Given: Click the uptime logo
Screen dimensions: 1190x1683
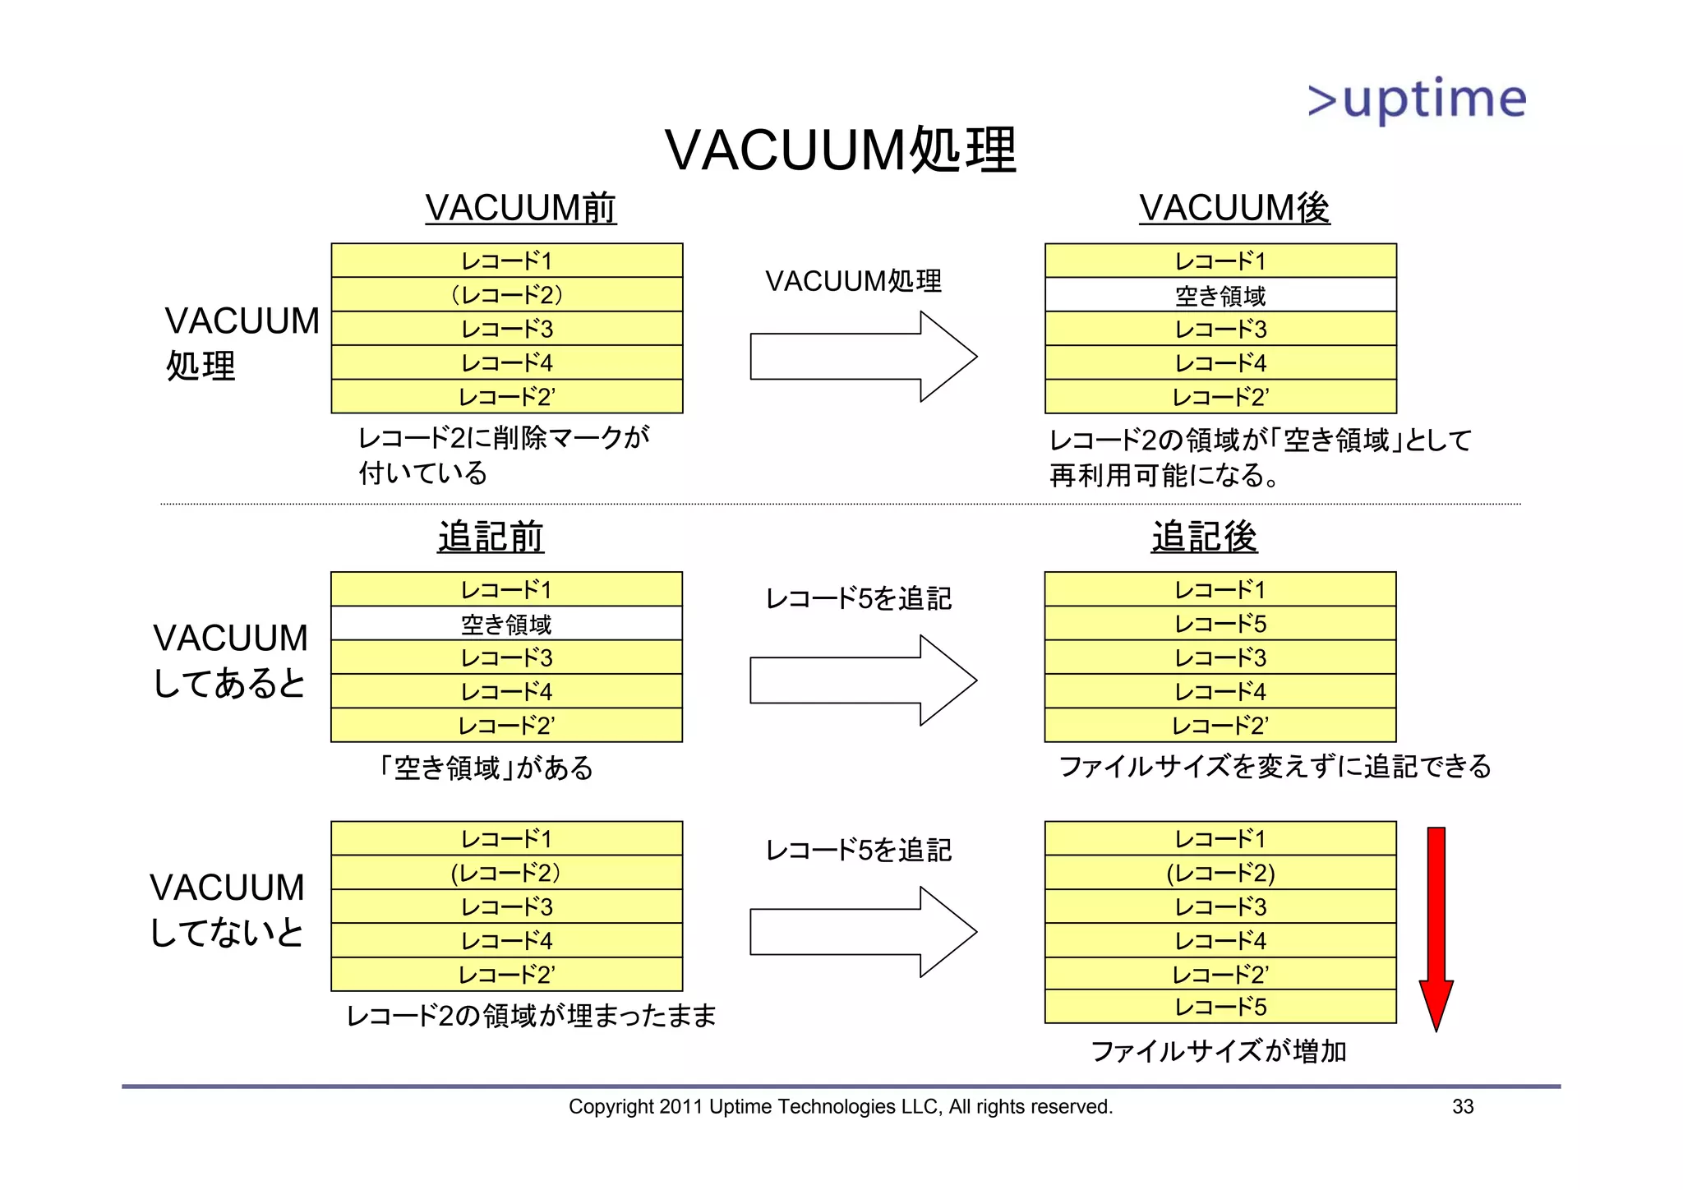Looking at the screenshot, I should coord(1417,100).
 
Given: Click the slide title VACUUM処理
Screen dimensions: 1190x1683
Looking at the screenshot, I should coord(840,150).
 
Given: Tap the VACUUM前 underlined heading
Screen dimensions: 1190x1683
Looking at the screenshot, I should coord(520,207).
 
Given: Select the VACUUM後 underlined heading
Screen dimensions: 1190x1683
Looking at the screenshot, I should coord(1233,207).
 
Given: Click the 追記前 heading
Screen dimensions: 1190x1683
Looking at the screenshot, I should coord(491,537).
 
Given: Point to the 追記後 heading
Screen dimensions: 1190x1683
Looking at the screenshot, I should coord(1204,537).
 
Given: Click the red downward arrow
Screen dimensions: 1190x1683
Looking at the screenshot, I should coord(1436,929).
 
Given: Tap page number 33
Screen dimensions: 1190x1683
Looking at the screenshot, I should coord(1463,1106).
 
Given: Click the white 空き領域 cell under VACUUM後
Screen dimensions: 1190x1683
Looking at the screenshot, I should coord(1220,295).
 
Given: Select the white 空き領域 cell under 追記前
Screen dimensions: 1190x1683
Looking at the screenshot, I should coord(506,624).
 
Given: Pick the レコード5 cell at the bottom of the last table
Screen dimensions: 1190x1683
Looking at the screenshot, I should coord(1220,1007).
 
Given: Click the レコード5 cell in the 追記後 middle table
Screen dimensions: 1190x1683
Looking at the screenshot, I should coord(1220,624).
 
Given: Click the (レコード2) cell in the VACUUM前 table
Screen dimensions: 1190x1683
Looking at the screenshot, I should coord(506,294).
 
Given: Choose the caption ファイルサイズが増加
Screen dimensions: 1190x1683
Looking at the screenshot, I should coord(1218,1051).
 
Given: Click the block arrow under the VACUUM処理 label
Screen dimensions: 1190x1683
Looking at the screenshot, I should coord(863,357).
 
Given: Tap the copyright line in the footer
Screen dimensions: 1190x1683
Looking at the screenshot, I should coord(840,1106).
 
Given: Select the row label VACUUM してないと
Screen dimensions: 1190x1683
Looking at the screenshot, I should coord(228,910).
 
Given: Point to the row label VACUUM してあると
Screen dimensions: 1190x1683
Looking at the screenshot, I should coord(230,660).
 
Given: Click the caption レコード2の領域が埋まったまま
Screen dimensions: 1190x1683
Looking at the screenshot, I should coord(531,1016).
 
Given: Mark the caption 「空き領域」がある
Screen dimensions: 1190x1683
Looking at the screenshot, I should coord(485,768).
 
